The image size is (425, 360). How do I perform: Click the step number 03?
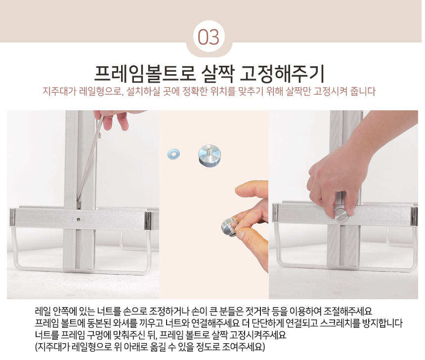[x=209, y=37]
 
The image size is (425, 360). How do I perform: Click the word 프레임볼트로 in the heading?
[x=144, y=74]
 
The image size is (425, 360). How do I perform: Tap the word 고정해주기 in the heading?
[x=282, y=74]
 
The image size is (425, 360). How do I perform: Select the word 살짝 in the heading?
[x=217, y=74]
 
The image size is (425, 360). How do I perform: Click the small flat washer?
[x=174, y=154]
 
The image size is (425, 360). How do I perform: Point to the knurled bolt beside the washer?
[x=209, y=156]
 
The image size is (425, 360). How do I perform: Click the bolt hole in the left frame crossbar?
[x=79, y=220]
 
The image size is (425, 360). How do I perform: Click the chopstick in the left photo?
[x=88, y=161]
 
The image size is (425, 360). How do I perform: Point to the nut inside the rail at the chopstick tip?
[x=79, y=205]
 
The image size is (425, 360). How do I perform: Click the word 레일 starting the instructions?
[x=43, y=311]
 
